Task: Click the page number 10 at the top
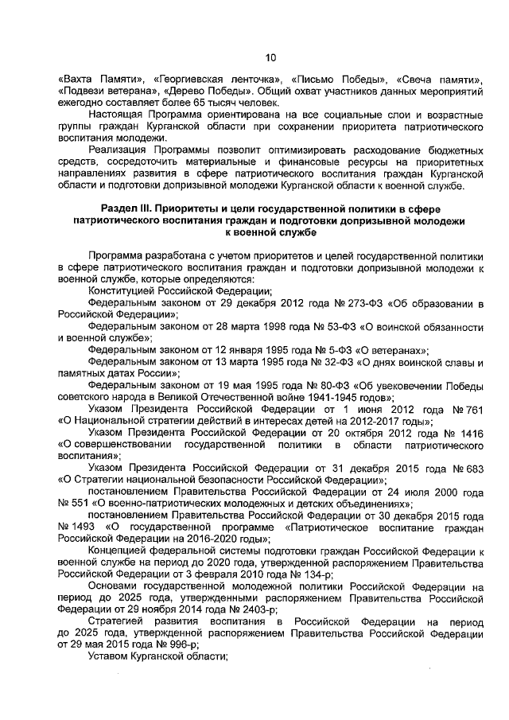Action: [x=270, y=56]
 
